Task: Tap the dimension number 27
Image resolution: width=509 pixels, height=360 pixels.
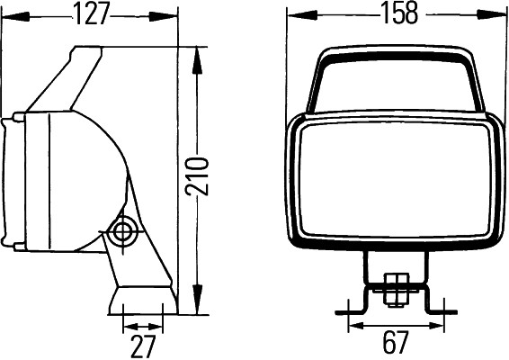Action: [143, 346]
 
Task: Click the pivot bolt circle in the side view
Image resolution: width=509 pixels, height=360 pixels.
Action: [121, 232]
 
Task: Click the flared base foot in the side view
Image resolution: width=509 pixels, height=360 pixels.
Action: [142, 301]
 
